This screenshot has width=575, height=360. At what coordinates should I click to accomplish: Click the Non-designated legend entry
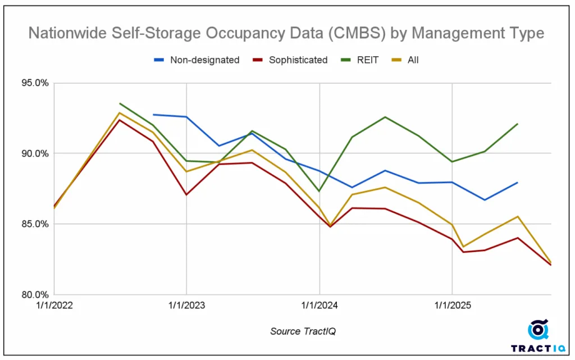pyautogui.click(x=204, y=60)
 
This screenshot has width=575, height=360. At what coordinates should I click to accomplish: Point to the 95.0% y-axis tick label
pyautogui.click(x=35, y=83)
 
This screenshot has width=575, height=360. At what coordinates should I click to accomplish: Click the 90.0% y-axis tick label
pyautogui.click(x=35, y=153)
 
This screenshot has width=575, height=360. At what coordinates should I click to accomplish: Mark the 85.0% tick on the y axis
pyautogui.click(x=35, y=224)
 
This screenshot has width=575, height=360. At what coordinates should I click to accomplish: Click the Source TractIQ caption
pyautogui.click(x=303, y=331)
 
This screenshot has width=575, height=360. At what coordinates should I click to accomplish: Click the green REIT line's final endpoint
pyautogui.click(x=517, y=124)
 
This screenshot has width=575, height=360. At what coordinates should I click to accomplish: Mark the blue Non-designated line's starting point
pyautogui.click(x=153, y=115)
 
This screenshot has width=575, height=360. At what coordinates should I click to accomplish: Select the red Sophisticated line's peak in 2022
pyautogui.click(x=120, y=120)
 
